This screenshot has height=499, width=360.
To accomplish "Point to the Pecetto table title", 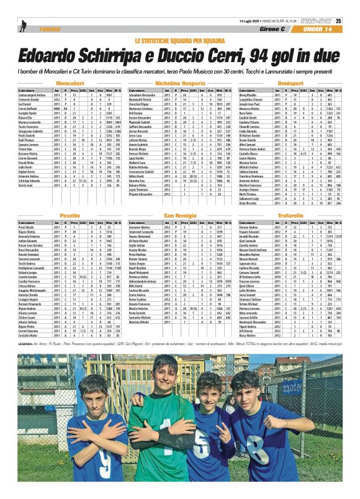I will (x=70, y=215).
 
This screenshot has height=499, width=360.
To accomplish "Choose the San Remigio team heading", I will (x=180, y=215).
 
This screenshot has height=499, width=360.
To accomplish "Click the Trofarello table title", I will (x=290, y=215).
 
